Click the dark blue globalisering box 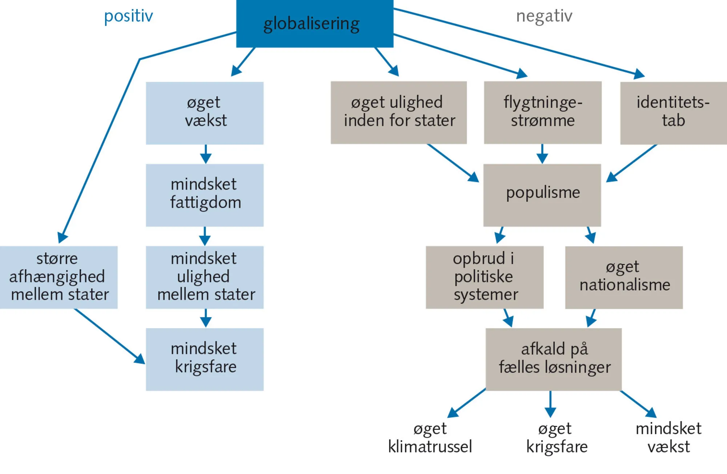[x=314, y=24]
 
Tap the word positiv [x=128, y=16]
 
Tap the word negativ [x=544, y=16]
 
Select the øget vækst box [x=205, y=113]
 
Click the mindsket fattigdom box [x=205, y=195]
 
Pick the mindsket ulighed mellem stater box [x=205, y=277]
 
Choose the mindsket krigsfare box [x=205, y=359]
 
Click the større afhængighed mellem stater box [x=59, y=277]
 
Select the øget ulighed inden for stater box [x=398, y=113]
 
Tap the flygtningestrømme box [x=542, y=113]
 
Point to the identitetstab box [x=673, y=113]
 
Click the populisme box [x=542, y=195]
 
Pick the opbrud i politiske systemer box [x=485, y=277]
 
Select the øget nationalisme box [x=624, y=277]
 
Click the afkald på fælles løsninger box [x=554, y=359]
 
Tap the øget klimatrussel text [x=430, y=438]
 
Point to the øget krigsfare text [x=557, y=438]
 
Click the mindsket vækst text [x=668, y=438]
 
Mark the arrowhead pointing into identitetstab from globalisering [x=640, y=75]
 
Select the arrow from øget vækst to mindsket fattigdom [x=206, y=154]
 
